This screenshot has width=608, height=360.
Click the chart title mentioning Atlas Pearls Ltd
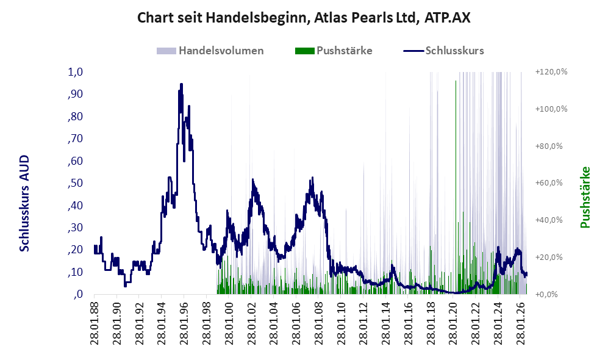304,18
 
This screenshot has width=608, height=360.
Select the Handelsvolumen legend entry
210,51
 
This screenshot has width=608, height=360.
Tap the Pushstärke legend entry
334,51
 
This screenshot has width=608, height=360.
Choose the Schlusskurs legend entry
443,51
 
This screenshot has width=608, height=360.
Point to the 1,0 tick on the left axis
75,72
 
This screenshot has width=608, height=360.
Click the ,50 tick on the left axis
75,183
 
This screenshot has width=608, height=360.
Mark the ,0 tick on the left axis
78,294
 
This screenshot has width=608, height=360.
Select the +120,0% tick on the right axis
551,72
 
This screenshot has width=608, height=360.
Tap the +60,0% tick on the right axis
549,182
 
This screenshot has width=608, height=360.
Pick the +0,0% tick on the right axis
546,294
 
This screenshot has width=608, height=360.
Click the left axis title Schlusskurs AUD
24,203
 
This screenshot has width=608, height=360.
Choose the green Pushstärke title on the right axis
585,197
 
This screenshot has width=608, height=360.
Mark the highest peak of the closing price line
181,84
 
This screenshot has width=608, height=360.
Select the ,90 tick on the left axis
75,94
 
